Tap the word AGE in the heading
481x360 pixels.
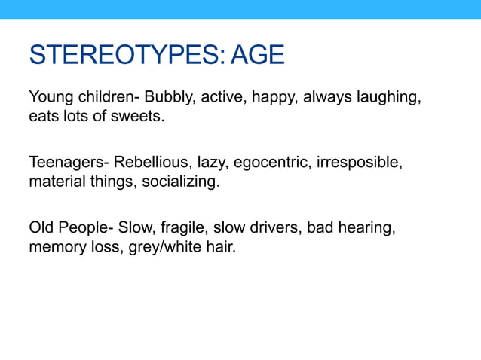point(258,56)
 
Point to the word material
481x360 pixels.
point(54,182)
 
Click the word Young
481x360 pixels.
point(50,98)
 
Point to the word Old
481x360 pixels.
point(41,227)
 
